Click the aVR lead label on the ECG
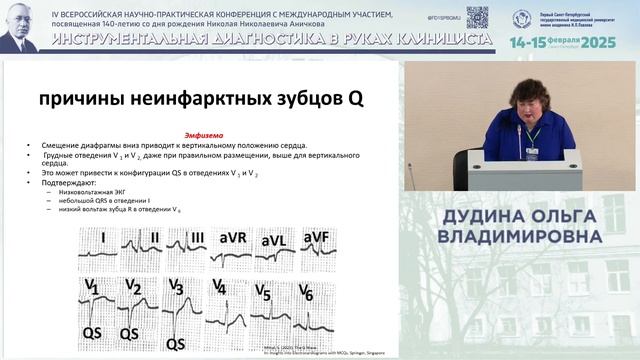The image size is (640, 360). coord(234,238)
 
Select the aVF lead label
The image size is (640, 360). coord(317,237)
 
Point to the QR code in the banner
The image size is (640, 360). coord(477,16)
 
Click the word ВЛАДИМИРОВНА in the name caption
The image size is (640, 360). coord(520,236)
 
